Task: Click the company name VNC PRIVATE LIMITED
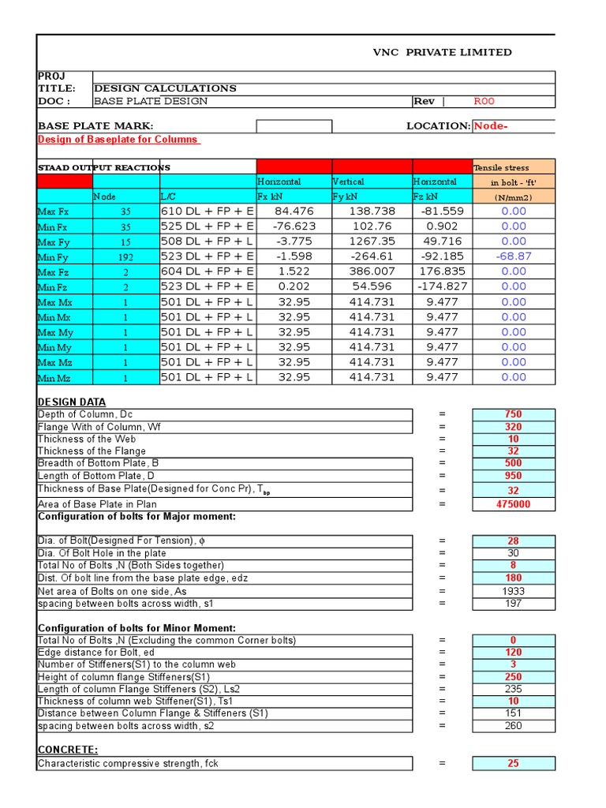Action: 442,52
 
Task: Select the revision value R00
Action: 484,101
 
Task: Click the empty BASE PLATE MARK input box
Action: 294,126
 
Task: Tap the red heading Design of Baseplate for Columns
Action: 118,140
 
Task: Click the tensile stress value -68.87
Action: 513,256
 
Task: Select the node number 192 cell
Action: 126,257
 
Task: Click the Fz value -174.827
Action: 442,286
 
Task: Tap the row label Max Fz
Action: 54,272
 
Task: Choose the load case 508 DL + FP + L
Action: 207,241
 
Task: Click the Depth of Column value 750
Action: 513,414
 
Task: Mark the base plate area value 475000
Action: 513,504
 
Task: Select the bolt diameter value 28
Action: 513,541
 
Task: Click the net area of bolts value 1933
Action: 513,591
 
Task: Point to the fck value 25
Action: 513,763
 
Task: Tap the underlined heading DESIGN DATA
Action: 72,402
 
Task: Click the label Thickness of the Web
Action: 86,439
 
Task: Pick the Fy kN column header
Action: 346,196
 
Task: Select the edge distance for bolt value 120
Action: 513,653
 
